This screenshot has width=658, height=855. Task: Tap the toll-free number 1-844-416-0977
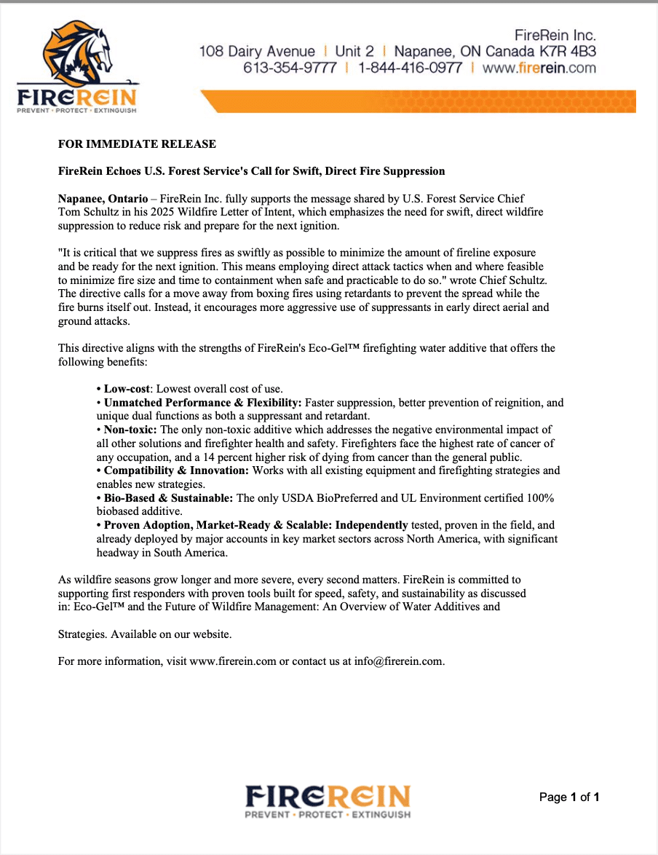[410, 68]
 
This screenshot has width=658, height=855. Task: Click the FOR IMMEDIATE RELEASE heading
[137, 143]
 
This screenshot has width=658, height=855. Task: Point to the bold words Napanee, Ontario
[102, 199]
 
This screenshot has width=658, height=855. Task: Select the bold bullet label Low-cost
[126, 388]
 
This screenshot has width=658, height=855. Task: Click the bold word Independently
[372, 525]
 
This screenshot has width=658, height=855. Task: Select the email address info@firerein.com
[399, 661]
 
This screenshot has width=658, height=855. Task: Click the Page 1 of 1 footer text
[568, 797]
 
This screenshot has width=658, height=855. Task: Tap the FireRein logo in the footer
[328, 801]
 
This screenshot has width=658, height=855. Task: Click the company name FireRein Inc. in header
[555, 35]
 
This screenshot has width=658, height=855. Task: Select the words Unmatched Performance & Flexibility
[202, 402]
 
